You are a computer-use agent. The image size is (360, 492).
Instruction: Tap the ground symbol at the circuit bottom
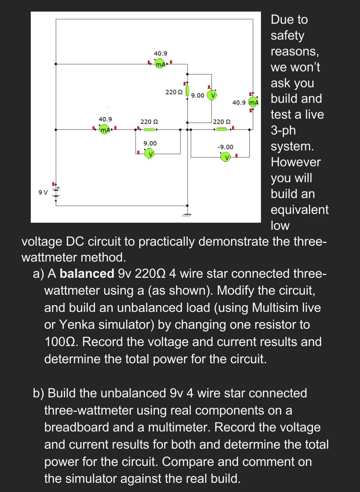coord(187,214)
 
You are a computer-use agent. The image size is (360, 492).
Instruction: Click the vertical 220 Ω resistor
coord(187,91)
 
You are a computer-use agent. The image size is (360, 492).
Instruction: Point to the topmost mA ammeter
coord(160,64)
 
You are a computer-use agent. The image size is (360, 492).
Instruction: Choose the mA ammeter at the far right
coord(253,102)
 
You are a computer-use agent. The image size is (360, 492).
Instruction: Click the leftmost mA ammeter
coord(105,129)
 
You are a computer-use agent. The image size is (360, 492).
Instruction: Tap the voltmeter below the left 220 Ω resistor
coord(150,153)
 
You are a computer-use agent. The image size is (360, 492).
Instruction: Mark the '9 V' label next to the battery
coord(43,192)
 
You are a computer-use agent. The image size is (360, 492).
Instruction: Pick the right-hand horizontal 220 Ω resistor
coord(221,129)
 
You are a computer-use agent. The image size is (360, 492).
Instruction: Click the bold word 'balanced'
coord(87,273)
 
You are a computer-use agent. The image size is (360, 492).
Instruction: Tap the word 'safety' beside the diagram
coord(287,35)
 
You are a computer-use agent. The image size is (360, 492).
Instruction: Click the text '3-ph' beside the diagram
coord(283,130)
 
